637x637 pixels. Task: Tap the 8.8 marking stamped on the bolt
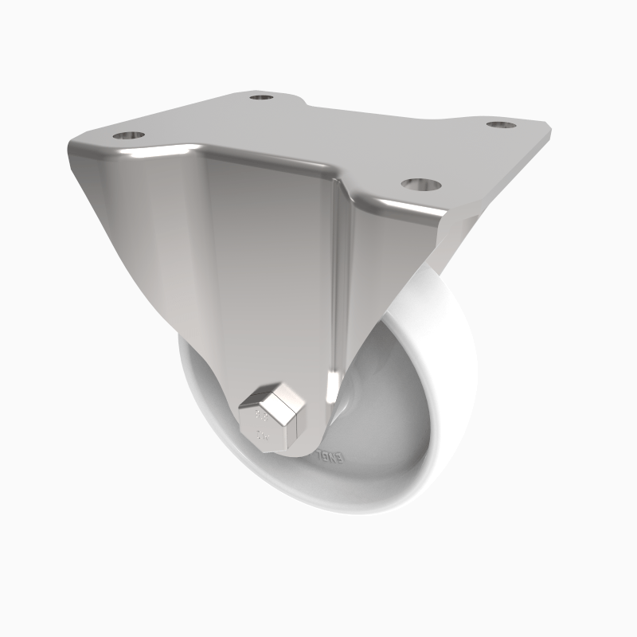click(259, 416)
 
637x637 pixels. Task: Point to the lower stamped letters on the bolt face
click(261, 436)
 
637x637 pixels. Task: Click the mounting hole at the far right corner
click(501, 125)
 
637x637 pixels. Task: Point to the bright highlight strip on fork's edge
click(344, 263)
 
